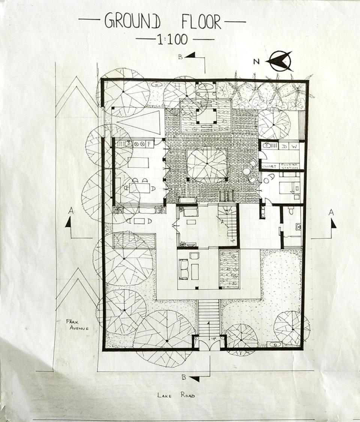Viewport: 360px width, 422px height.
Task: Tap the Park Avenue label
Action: coord(77,325)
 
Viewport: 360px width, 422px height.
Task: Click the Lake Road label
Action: coord(176,395)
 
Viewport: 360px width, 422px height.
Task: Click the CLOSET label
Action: coord(269,166)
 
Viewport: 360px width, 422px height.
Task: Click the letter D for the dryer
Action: coord(284,146)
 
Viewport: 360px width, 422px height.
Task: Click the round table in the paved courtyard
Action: coord(246,171)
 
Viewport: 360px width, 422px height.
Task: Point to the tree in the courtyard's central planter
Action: coord(207,165)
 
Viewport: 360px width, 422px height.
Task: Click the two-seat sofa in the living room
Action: coord(183,269)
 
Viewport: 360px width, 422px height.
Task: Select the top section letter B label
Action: coord(180,57)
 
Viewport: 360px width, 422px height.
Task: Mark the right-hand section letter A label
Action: coord(331,212)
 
